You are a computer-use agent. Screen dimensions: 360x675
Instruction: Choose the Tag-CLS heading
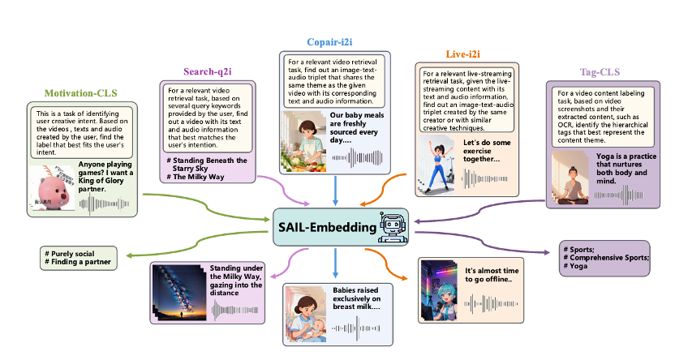[600, 71]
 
